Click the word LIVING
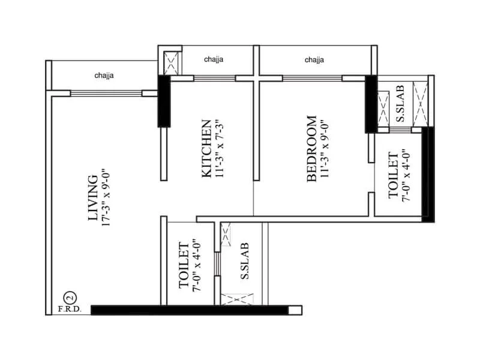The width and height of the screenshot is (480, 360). coord(92,199)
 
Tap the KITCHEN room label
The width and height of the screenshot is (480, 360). coord(206,149)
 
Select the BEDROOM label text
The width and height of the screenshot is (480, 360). coord(312,148)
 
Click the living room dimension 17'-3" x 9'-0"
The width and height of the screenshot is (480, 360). coord(107,199)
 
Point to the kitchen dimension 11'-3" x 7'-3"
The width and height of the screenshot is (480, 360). coord(220,149)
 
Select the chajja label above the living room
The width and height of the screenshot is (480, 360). coord(104,76)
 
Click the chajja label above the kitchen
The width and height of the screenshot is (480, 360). coord(214,60)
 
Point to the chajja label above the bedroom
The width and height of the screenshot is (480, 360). coord(314,60)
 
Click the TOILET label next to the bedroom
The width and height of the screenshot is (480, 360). coord(394,175)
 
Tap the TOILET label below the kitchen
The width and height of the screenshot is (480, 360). coord(185,265)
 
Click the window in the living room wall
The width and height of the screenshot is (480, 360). coord(106,93)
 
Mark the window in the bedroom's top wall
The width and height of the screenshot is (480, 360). coord(312,78)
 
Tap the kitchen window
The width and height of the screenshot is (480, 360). coord(214,78)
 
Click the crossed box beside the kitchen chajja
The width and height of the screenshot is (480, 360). coord(171,63)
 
